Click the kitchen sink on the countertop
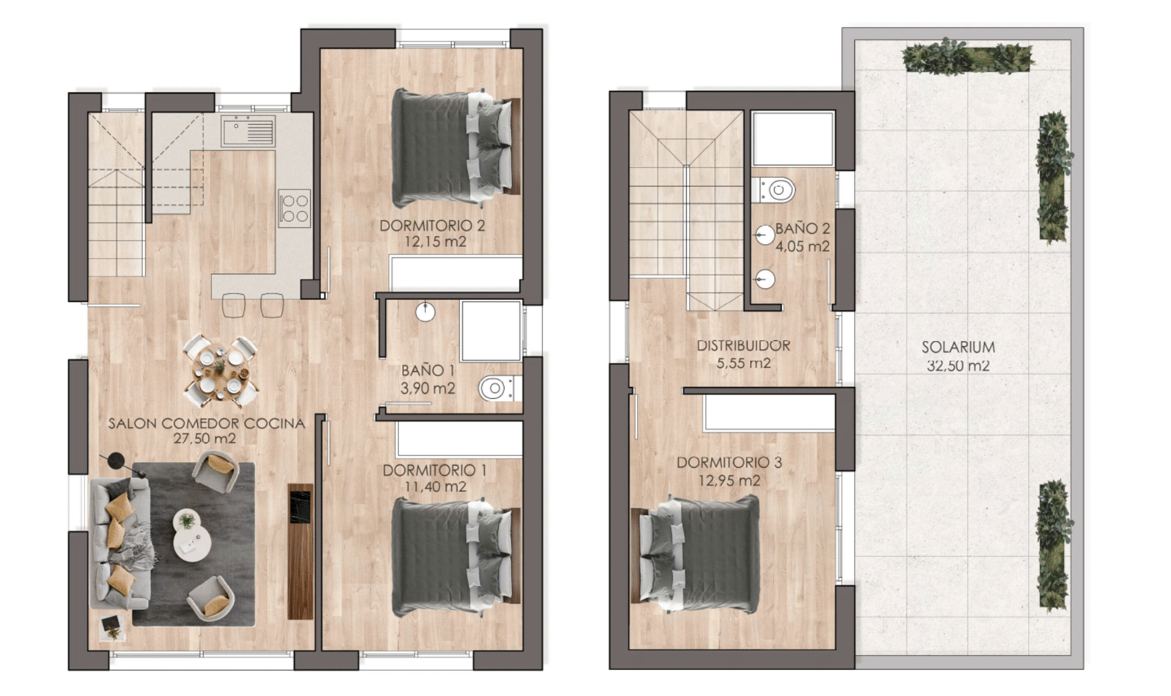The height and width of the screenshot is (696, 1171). [248, 131]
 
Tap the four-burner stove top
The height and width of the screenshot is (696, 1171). [295, 208]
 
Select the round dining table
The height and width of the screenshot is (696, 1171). [220, 371]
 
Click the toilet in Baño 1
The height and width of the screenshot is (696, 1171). [499, 388]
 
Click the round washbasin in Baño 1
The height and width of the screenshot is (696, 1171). [425, 312]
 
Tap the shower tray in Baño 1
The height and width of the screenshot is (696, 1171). [491, 331]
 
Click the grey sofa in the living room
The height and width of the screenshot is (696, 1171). [121, 544]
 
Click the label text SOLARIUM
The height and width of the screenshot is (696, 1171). [958, 347]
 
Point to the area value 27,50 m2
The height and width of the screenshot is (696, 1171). [205, 438]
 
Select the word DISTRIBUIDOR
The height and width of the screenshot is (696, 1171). [743, 345]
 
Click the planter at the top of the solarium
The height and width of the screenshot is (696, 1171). [967, 56]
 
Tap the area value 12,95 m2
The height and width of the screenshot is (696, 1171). [729, 481]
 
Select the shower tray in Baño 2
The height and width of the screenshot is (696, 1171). [793, 139]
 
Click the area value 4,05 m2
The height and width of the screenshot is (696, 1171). [802, 246]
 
